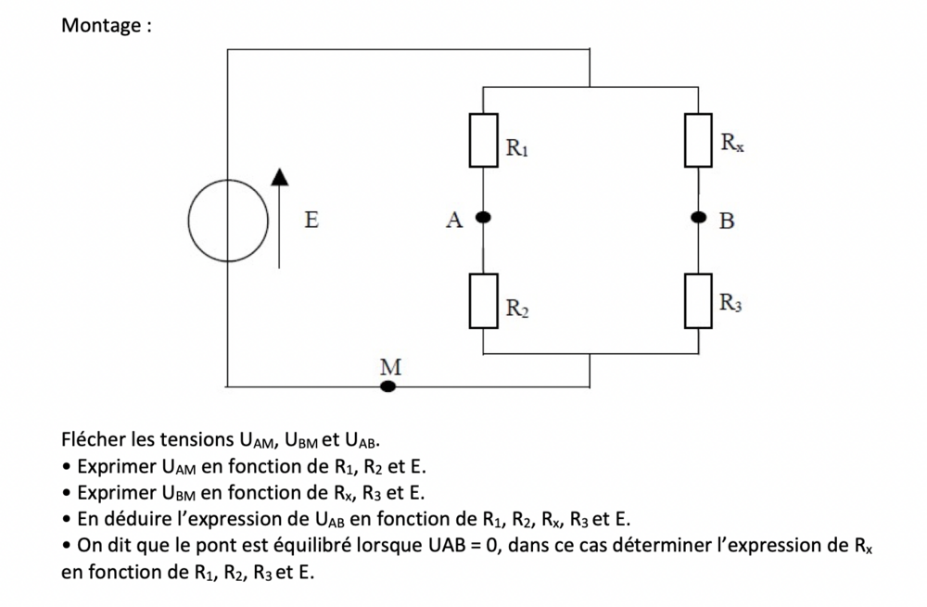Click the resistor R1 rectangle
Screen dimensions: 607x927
coord(483,141)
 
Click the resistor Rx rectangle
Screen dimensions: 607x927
coord(699,140)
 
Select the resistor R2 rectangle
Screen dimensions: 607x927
coord(483,301)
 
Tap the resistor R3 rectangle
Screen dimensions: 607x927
coord(699,301)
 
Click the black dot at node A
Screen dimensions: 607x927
coord(483,219)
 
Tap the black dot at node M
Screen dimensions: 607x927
coord(389,385)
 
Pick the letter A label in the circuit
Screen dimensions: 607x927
coord(453,221)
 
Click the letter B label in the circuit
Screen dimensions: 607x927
coord(727,221)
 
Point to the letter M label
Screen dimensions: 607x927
coord(391,367)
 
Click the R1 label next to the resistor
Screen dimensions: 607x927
coord(517,146)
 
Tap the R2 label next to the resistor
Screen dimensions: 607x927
coord(517,308)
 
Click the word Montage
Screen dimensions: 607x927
coord(101,25)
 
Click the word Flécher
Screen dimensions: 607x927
coord(96,439)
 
